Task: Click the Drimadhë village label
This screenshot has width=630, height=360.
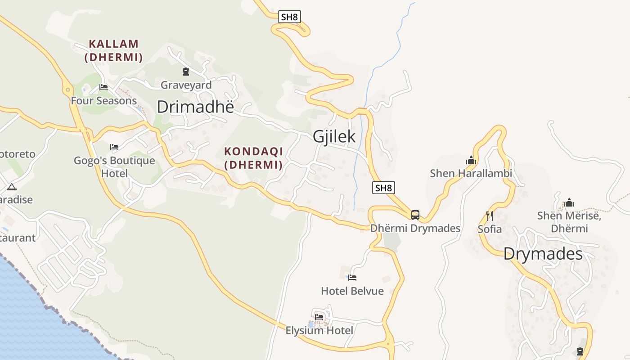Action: (195, 107)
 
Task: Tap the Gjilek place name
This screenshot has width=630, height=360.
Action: (334, 136)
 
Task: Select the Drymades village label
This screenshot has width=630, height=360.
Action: (543, 254)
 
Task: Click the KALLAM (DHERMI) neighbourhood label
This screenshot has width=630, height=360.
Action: (113, 50)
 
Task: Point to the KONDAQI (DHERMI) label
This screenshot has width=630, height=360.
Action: (253, 158)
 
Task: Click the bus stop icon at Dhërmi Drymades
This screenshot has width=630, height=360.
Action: (415, 215)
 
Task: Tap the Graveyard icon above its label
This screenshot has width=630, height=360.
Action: (185, 71)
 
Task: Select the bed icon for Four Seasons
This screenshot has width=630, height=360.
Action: (103, 87)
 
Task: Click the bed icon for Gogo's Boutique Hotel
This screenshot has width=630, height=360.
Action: (114, 147)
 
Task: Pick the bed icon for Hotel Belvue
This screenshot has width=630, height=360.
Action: (352, 278)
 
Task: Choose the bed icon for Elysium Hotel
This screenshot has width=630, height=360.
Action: (319, 317)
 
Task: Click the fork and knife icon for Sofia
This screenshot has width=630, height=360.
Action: (489, 216)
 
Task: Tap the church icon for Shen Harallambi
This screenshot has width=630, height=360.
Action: (471, 160)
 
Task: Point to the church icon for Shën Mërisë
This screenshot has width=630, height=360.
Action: (569, 202)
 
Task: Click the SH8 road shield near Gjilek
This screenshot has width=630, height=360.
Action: (383, 188)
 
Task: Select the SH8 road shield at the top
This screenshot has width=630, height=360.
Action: (289, 17)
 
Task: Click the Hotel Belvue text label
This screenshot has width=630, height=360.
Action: (352, 291)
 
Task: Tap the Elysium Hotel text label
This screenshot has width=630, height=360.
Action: (319, 331)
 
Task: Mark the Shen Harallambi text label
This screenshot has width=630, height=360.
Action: (471, 173)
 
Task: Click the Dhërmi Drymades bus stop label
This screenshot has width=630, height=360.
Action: (415, 228)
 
